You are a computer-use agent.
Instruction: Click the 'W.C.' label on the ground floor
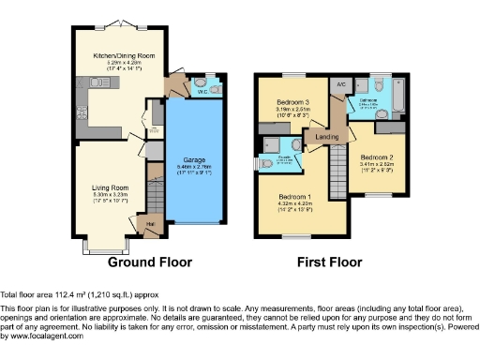pos(201,92)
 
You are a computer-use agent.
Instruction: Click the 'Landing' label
pos(326,139)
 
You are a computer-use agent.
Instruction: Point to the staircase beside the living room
pos(156,192)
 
